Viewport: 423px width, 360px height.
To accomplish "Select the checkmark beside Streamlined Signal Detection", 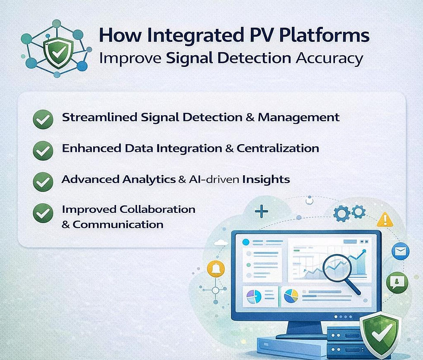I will click(x=43, y=119).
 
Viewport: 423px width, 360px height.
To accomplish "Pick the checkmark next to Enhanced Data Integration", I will click(x=43, y=150).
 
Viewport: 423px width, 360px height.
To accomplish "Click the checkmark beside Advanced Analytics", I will click(x=43, y=181).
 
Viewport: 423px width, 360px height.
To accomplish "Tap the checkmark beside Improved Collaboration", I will click(x=43, y=212).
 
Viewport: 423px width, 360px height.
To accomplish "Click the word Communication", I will click(x=117, y=224).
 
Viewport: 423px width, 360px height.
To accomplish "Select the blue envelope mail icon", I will click(x=400, y=251).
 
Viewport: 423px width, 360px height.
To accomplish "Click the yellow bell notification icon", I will click(x=215, y=269).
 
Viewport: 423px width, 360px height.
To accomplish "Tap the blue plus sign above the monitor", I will click(x=262, y=212).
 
